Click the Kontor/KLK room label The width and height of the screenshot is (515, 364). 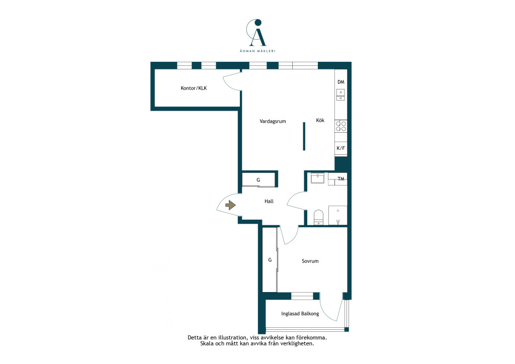(194, 88)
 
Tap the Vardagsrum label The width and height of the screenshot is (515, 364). (273, 121)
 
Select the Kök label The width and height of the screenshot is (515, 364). (320, 120)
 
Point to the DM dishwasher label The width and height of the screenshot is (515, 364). (341, 82)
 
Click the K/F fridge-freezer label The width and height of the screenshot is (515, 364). (341, 148)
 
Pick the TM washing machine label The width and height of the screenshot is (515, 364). (341, 179)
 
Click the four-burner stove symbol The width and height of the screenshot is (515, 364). (341, 126)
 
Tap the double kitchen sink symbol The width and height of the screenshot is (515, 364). (340, 95)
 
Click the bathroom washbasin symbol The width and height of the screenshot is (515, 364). (318, 178)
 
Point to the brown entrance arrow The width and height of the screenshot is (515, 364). (230, 205)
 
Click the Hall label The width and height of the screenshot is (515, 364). (269, 201)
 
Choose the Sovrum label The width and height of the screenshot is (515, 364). (310, 261)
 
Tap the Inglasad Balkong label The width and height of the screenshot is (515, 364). (300, 313)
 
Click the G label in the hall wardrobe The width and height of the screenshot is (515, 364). (258, 180)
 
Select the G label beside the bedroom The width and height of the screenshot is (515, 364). (270, 259)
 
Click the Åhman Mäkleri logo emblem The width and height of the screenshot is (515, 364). (256, 32)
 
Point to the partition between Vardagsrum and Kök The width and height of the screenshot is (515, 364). (304, 136)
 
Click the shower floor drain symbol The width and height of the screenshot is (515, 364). (338, 222)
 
